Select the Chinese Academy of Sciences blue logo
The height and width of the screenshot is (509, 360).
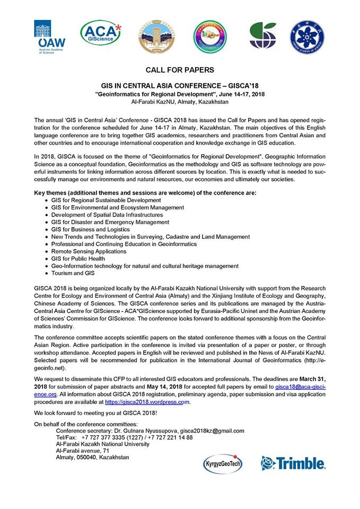tap(307, 37)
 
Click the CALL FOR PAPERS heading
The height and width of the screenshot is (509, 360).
tap(180, 70)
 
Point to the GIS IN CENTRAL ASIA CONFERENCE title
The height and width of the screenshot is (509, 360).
tap(180, 85)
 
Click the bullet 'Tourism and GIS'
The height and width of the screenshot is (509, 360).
tap(73, 273)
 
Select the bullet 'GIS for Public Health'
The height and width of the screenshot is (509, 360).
tap(78, 258)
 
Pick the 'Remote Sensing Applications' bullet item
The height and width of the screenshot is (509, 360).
tap(89, 251)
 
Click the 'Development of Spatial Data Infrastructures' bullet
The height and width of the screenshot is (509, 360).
tap(107, 215)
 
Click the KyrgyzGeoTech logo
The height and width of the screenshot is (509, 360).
tap(223, 463)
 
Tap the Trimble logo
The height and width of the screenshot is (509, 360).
tap(293, 463)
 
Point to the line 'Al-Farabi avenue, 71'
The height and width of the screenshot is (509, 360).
tap(82, 450)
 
